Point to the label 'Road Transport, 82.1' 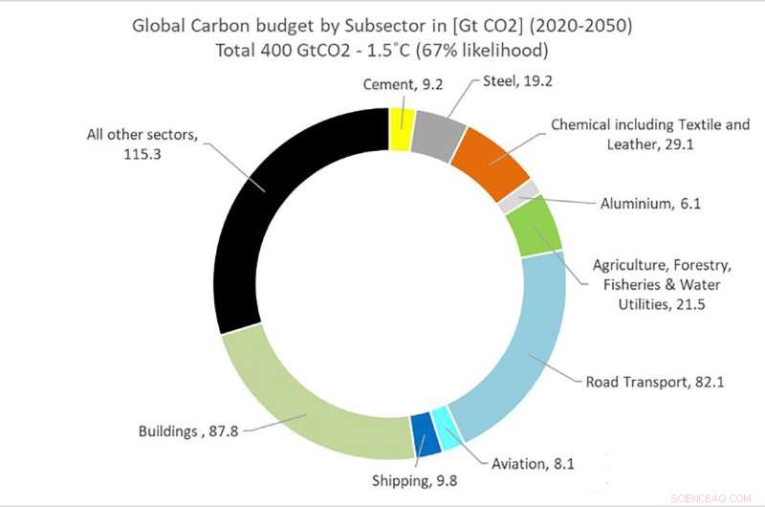coord(654,382)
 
